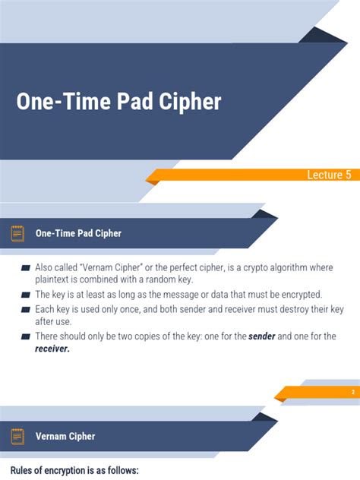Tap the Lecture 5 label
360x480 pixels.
(329, 175)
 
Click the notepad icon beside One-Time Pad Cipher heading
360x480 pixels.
(17, 233)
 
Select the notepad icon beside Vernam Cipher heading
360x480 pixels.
(17, 436)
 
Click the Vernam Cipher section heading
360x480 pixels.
(65, 437)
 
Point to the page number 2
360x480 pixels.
(353, 392)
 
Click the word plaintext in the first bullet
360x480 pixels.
(55, 281)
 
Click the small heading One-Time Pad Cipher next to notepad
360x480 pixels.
(78, 233)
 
